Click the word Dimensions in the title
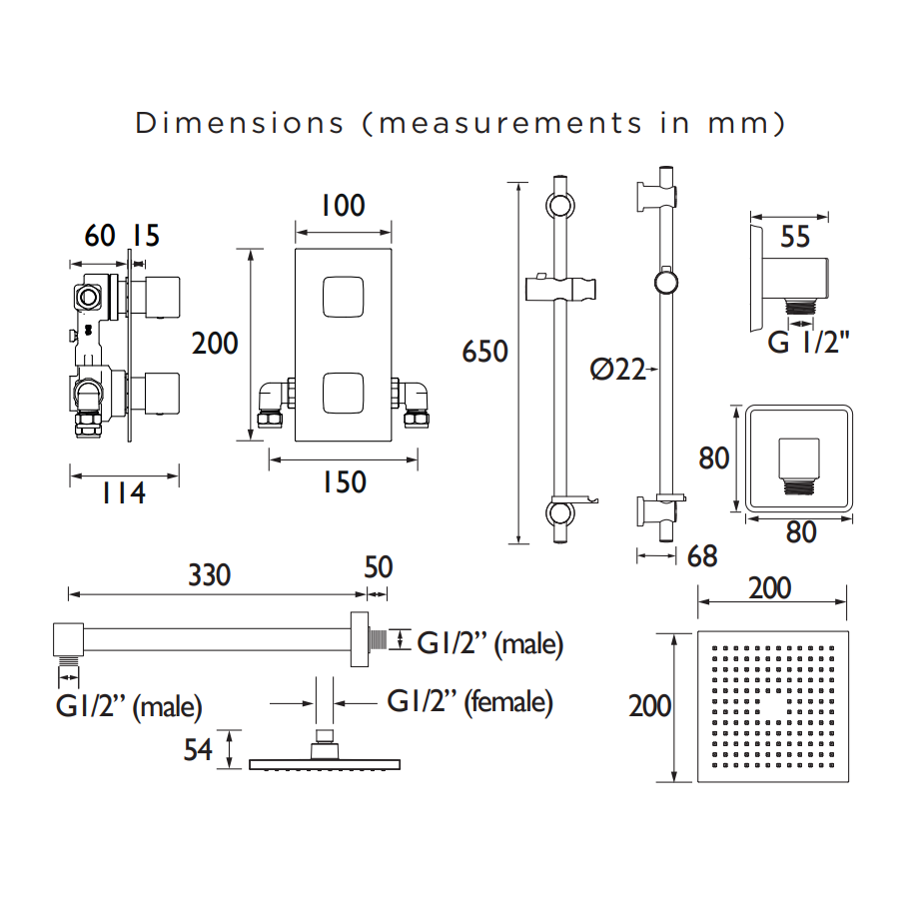[x=239, y=123]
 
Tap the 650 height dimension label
[x=484, y=352]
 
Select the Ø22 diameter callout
[x=617, y=370]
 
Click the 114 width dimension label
[x=123, y=493]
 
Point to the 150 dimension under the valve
[x=344, y=482]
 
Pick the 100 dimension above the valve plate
[x=343, y=206]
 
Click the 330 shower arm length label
[x=210, y=574]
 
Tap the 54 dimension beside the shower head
[x=198, y=750]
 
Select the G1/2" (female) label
[x=469, y=701]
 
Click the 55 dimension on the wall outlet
[x=794, y=236]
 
